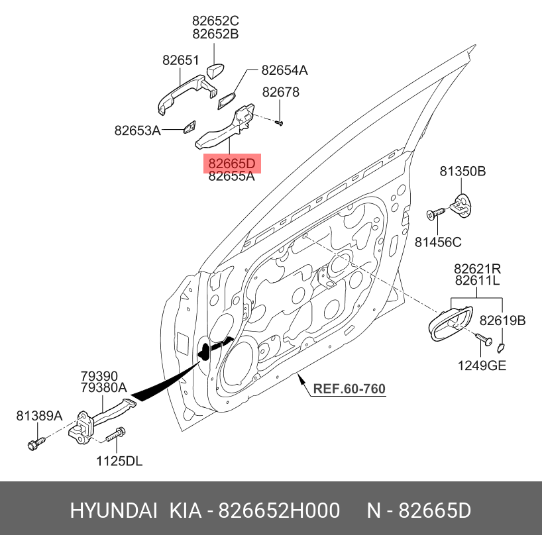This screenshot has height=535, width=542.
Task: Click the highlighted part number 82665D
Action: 232,164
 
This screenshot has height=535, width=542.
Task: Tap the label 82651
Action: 181,60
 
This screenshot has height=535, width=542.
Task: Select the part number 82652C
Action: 215,21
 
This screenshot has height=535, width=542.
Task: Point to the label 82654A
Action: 284,70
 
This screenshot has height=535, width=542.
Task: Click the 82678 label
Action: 281,92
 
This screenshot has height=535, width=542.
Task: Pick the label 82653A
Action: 138,131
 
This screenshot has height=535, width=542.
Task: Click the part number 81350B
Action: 462,171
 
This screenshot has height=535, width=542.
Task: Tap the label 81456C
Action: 438,242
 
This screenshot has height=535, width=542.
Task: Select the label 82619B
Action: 502,321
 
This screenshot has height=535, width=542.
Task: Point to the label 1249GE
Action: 482,365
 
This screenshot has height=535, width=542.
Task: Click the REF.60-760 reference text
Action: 349,389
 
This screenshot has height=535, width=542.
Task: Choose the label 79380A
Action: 104,387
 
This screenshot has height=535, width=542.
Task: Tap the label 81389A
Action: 39,416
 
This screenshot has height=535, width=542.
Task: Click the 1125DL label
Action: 119,461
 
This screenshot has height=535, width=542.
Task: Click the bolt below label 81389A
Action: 36,444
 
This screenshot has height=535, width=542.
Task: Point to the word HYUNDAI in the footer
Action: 114,511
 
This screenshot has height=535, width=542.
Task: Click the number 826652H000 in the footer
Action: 280,511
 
